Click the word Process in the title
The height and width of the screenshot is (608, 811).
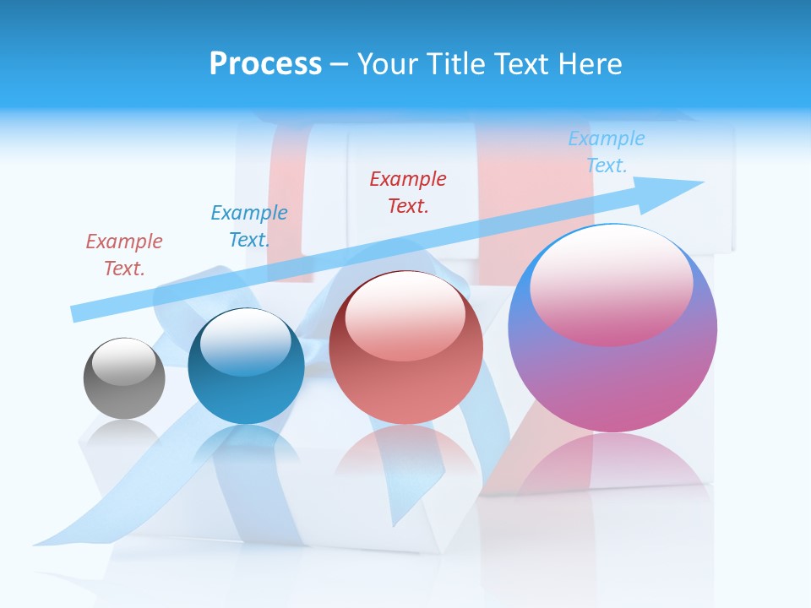click(265, 64)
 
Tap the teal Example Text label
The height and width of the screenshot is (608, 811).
click(249, 226)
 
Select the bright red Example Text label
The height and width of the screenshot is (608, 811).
click(408, 192)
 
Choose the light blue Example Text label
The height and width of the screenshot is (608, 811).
click(606, 152)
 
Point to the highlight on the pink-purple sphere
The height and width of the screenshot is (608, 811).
click(611, 283)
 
